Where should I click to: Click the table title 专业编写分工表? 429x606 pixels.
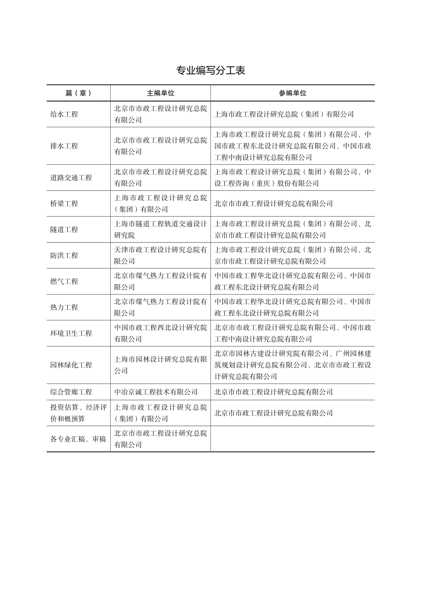tap(210, 71)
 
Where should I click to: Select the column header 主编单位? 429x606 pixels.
tap(160, 93)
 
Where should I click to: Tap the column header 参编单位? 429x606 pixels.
tap(292, 93)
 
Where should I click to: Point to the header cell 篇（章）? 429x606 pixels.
tap(79, 93)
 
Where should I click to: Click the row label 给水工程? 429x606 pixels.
tap(64, 115)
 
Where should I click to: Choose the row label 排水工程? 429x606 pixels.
tap(64, 146)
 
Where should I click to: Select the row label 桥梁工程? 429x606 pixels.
tap(64, 204)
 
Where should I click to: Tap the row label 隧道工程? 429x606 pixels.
tap(64, 230)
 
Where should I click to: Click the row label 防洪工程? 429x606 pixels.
tap(64, 256)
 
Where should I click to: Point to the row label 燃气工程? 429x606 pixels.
tap(64, 282)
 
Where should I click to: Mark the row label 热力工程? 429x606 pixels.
tap(64, 308)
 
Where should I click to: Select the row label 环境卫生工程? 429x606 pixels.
tap(71, 333)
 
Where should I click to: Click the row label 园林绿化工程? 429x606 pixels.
tap(71, 365)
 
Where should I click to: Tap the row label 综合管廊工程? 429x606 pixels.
tap(71, 392)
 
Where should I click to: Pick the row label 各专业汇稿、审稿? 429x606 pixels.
tap(78, 439)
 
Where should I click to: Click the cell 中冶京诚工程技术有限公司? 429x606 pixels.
tap(156, 392)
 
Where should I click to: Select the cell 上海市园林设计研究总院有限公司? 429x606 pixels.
tap(160, 365)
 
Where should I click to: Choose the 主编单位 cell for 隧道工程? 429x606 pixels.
tap(160, 230)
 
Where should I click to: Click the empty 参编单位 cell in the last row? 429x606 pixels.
tap(292, 439)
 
